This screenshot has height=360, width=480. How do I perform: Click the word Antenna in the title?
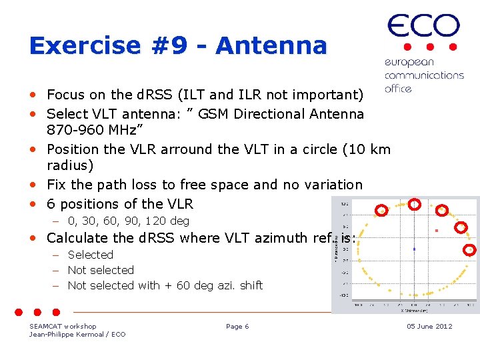(271, 46)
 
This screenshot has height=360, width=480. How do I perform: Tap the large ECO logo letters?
(423, 26)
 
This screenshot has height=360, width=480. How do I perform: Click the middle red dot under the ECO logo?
(431, 47)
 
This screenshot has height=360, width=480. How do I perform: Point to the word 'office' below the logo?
(398, 89)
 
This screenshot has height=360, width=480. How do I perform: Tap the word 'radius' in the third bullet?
(69, 165)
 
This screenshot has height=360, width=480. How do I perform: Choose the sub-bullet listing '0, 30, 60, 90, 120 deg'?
(129, 221)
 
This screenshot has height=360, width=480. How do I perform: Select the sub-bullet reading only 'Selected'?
(91, 255)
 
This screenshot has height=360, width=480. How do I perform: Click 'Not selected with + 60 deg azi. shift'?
(165, 285)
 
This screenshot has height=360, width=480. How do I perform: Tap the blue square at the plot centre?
(414, 249)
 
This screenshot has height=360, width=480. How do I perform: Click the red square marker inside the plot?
(437, 231)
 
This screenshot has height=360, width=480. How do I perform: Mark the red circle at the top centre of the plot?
(414, 205)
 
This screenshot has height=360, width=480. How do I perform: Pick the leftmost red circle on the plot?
(382, 211)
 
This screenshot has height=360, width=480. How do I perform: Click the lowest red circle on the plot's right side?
(469, 250)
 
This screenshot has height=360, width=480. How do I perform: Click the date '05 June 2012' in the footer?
(429, 326)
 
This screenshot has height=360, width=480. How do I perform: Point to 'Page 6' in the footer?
(237, 326)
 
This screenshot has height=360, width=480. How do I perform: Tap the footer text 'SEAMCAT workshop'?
(63, 326)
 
